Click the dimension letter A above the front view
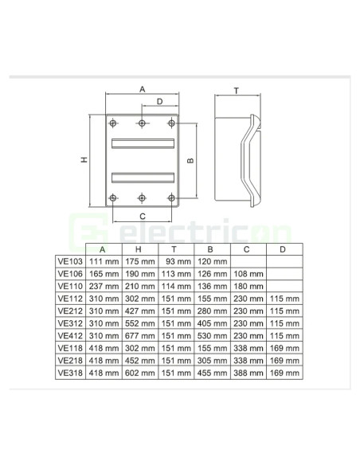coord(142,89)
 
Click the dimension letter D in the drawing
coord(159,102)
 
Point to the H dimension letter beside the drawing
coord(84,160)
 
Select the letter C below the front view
coord(142,215)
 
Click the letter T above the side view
coord(237,90)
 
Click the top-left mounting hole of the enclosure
coord(114,123)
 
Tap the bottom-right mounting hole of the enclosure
coord(170,197)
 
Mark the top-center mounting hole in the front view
coord(142,123)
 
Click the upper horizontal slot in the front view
coord(142,144)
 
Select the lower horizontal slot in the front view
coord(142,176)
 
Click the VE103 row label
coord(70,261)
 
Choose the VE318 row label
coord(70,373)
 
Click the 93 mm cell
coord(176,261)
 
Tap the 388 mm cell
coord(247,373)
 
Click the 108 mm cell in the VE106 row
coord(247,273)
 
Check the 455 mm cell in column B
coord(210,373)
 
